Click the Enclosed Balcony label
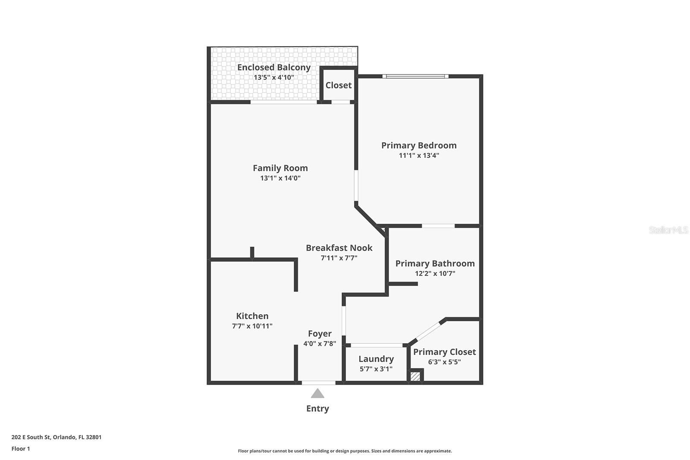click(274, 67)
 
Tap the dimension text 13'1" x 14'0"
click(280, 178)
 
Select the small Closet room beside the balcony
click(339, 85)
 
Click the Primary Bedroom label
click(419, 145)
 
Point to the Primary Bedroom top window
click(415, 76)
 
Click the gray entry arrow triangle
click(317, 393)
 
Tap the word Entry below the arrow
click(317, 408)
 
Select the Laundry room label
click(376, 359)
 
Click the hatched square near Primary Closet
click(415, 376)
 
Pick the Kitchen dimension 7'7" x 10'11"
click(252, 326)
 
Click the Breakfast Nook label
click(339, 248)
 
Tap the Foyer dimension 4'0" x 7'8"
click(320, 344)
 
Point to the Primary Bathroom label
click(435, 263)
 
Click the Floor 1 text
click(21, 448)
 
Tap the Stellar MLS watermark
click(668, 230)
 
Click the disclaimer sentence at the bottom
click(345, 451)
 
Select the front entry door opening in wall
click(318, 382)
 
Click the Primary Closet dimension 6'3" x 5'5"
click(444, 362)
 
